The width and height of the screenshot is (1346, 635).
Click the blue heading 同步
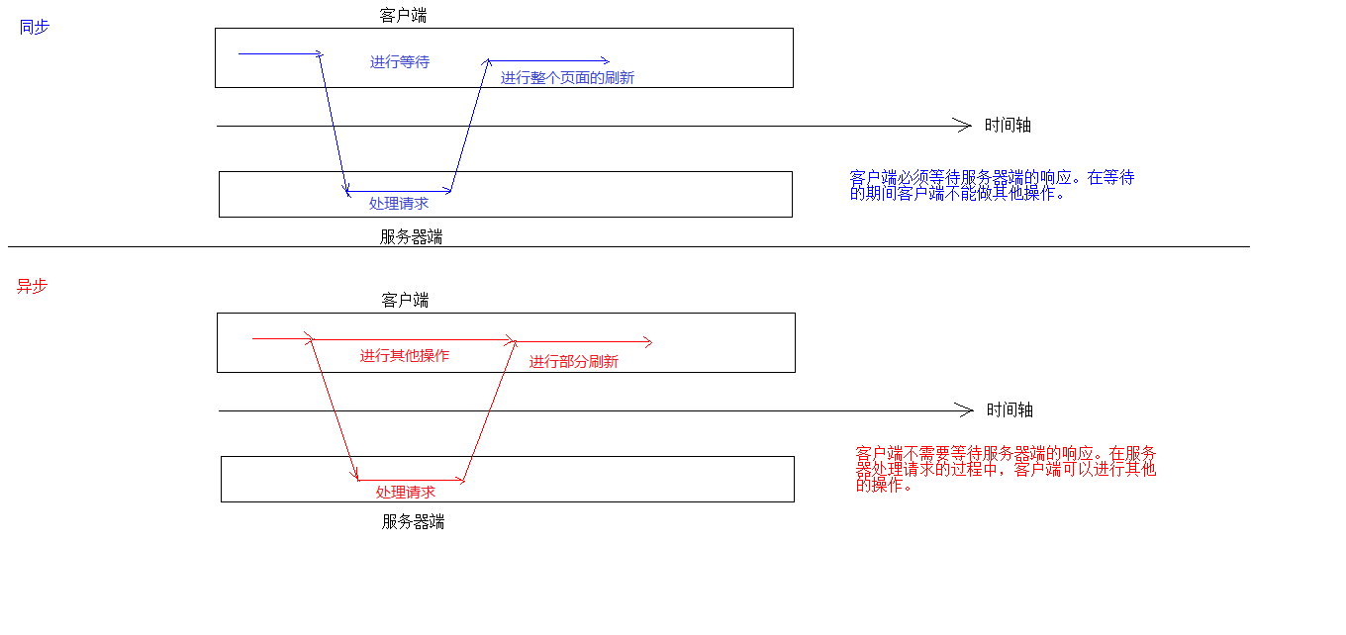tap(34, 28)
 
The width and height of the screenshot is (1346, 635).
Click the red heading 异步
tap(32, 286)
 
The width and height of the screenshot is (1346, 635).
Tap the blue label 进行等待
tap(400, 62)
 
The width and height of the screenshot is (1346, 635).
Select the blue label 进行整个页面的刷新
tap(567, 78)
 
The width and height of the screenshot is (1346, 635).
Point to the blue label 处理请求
tap(399, 204)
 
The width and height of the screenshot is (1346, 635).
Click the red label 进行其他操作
tap(404, 356)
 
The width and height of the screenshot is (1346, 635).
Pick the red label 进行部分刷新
tap(573, 362)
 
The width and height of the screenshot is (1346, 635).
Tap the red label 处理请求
tap(406, 493)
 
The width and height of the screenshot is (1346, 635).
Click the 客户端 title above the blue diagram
tap(403, 15)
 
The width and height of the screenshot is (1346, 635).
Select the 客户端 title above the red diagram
tap(405, 300)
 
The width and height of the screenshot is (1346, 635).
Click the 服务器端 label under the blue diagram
tap(411, 237)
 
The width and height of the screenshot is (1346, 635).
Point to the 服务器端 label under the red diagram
tap(413, 522)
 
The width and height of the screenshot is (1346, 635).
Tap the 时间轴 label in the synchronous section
tap(1008, 126)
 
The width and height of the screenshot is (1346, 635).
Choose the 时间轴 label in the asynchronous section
tap(1009, 410)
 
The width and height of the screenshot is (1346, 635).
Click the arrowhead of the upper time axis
tap(964, 126)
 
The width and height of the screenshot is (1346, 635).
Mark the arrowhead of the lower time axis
tap(966, 410)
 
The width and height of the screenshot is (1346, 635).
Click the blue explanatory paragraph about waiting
tap(992, 185)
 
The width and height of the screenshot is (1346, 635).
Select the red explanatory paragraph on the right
tap(1006, 469)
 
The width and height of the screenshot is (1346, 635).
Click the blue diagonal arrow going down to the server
tap(334, 124)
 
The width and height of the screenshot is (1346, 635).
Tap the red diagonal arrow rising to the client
tap(490, 410)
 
